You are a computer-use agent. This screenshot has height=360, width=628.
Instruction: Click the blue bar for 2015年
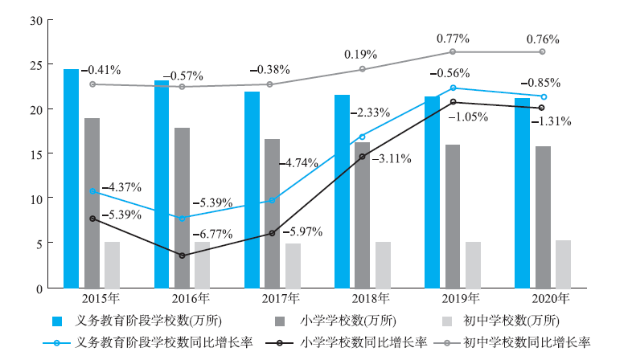click(x=72, y=178)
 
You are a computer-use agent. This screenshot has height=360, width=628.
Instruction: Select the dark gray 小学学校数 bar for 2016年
click(x=183, y=207)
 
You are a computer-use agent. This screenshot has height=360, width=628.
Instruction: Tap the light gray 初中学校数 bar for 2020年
click(x=563, y=264)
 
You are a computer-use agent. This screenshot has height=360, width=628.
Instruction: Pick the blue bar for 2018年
click(x=342, y=191)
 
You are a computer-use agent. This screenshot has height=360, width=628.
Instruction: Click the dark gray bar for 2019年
click(x=453, y=215)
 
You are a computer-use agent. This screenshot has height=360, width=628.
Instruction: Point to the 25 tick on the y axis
click(x=34, y=64)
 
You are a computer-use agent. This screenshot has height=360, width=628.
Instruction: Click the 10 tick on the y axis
click(x=34, y=198)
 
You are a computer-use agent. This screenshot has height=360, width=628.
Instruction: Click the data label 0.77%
click(x=453, y=38)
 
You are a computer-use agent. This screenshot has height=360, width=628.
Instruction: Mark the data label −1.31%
click(x=550, y=122)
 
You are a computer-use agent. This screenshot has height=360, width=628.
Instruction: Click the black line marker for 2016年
click(x=183, y=256)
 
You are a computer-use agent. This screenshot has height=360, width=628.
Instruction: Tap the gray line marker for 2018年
click(x=363, y=69)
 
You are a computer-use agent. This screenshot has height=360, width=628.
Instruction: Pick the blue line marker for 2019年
click(x=453, y=88)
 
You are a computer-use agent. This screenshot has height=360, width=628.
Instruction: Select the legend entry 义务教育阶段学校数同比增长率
click(x=153, y=342)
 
